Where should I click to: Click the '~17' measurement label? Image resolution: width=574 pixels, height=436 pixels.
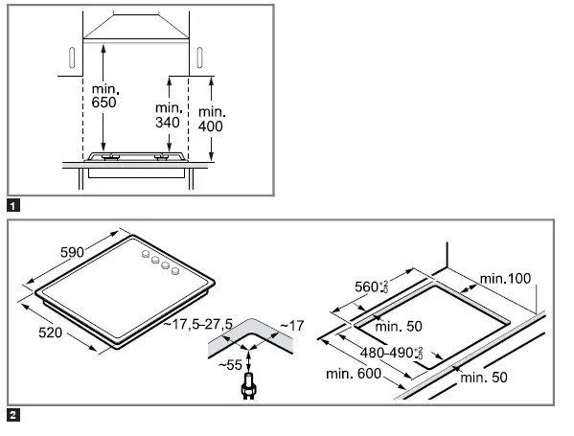coord(290,326)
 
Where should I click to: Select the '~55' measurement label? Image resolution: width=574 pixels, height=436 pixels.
coord(229,365)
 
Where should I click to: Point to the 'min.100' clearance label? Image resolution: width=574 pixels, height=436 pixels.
coord(505,278)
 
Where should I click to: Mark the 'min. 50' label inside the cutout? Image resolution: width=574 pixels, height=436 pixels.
coord(400,327)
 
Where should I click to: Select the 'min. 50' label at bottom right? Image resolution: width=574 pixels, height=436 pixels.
coord(485,379)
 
